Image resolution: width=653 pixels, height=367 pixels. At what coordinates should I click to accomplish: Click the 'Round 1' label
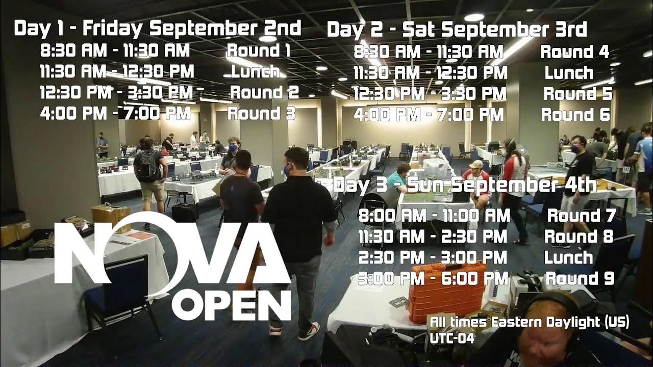pos(258,50)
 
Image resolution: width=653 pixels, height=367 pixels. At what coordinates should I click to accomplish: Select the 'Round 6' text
pos(575,115)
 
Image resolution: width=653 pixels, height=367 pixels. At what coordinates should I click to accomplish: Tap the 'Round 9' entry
pos(580,278)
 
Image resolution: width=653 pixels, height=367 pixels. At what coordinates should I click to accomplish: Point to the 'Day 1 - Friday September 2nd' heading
pos(157,29)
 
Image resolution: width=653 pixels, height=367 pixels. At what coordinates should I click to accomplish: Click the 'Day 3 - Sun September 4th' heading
pos(465,185)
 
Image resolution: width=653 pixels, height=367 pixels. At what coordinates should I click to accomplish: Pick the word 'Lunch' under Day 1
pos(255,71)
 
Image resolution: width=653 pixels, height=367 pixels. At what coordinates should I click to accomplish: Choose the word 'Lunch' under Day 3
pos(568,257)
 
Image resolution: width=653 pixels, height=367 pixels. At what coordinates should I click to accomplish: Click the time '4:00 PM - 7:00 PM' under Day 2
pos(429,115)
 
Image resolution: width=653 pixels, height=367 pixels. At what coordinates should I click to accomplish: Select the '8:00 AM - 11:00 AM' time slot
pos(434,216)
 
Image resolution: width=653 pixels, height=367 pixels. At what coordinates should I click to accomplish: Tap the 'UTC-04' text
pos(453,338)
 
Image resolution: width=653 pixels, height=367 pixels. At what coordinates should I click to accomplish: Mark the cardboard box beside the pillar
pos(111,217)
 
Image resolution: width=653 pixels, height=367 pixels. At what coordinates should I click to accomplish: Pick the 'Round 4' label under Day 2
pos(574,52)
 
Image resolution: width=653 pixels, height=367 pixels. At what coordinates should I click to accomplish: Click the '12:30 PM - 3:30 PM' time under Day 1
pos(116,93)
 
